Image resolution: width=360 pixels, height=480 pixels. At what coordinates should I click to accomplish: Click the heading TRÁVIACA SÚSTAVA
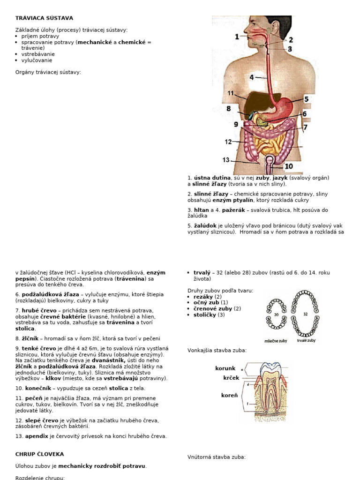[44, 18]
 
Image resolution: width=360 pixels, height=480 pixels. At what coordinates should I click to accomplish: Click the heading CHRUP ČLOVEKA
[39, 454]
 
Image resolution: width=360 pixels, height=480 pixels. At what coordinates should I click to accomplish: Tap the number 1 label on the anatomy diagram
[237, 37]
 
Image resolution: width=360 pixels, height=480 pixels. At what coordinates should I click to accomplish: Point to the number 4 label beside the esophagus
[252, 77]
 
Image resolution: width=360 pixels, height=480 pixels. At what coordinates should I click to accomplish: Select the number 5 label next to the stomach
[306, 99]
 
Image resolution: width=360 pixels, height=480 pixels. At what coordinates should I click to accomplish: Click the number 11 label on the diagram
[231, 93]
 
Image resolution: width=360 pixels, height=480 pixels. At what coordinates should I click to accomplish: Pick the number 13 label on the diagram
[226, 160]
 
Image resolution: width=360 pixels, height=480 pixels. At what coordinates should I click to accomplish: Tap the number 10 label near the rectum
[288, 166]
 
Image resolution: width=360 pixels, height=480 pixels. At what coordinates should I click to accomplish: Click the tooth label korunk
[225, 368]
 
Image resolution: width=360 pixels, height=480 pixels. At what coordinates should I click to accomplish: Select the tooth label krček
[228, 378]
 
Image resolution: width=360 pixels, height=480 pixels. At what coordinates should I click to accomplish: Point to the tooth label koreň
[229, 396]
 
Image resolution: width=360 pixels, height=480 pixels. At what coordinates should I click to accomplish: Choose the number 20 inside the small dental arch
[277, 315]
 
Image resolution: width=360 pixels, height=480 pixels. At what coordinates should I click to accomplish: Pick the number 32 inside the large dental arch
[305, 314]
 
